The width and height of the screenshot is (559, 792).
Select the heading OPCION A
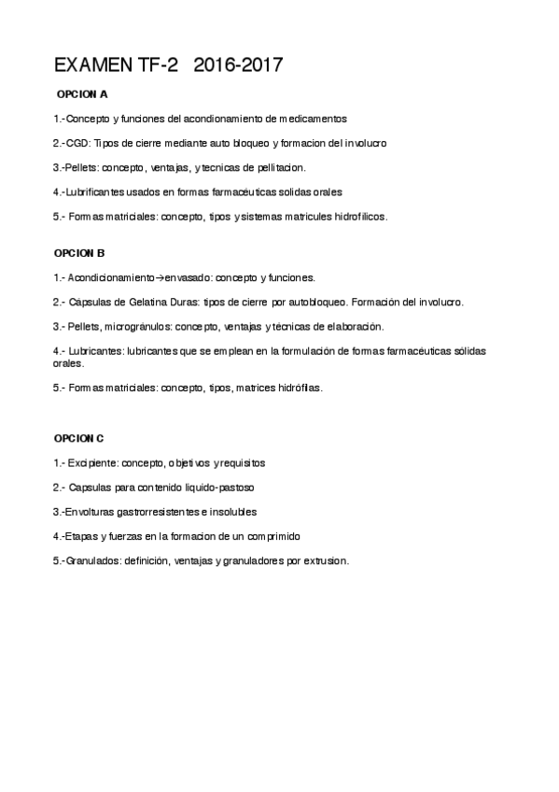82,94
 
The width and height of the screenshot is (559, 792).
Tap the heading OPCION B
79,253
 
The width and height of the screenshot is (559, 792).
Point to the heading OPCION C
79,438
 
